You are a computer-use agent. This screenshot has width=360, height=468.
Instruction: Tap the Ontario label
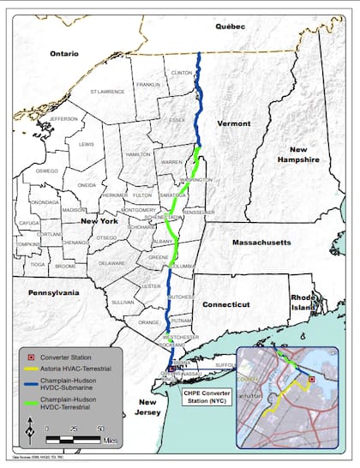tap(64, 53)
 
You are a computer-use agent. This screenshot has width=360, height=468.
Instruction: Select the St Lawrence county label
tap(111, 90)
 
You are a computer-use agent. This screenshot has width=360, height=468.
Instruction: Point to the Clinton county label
tap(183, 74)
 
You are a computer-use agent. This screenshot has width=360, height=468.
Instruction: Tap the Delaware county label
tap(112, 263)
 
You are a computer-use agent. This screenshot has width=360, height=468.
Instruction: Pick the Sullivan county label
tap(123, 302)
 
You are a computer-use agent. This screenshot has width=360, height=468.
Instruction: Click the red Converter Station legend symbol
tap(33, 357)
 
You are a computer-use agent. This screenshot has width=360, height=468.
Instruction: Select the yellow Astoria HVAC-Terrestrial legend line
tap(33, 368)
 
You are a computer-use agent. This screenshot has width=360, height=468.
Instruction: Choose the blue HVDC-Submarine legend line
tap(33, 383)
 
